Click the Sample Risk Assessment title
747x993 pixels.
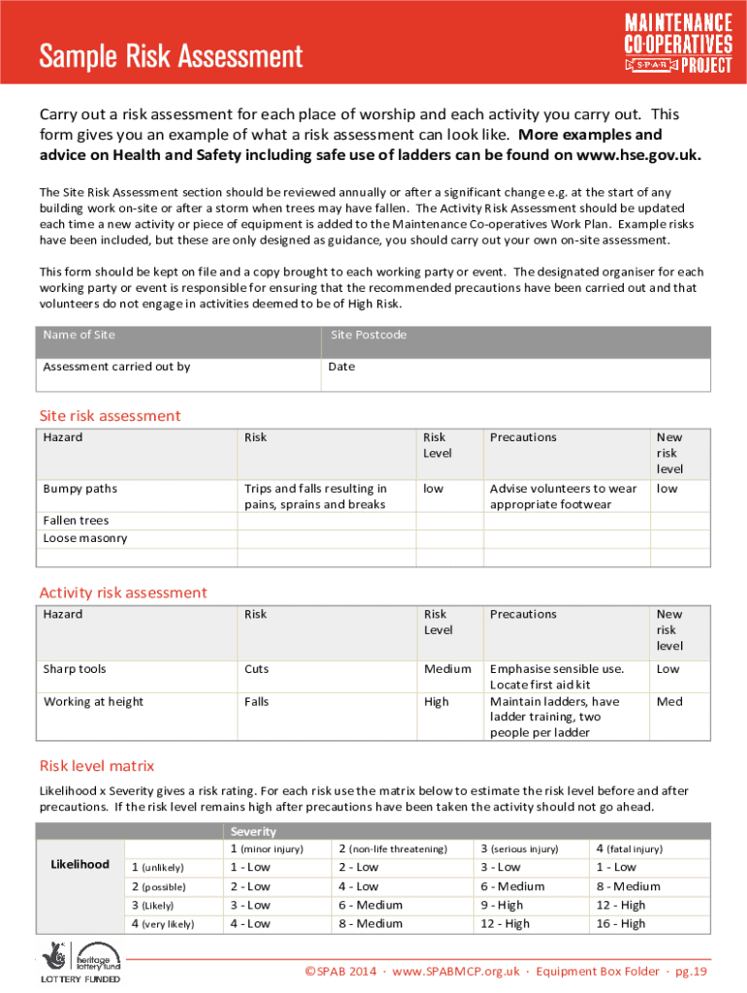tap(171, 56)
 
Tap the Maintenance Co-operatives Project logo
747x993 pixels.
tap(677, 43)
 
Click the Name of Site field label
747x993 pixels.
tap(80, 335)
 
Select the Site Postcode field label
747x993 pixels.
tap(368, 335)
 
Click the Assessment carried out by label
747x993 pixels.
tap(116, 367)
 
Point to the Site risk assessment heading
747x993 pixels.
tap(110, 416)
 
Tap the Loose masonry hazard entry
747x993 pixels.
tap(84, 538)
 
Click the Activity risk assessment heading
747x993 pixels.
tap(122, 593)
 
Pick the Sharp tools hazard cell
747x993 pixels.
tap(75, 669)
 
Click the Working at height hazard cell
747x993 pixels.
tap(93, 701)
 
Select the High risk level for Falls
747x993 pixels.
tap(437, 701)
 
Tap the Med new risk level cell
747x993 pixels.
tap(669, 701)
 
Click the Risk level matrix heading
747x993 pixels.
tap(96, 765)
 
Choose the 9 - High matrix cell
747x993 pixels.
tap(503, 905)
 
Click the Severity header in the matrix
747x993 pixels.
tap(253, 831)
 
